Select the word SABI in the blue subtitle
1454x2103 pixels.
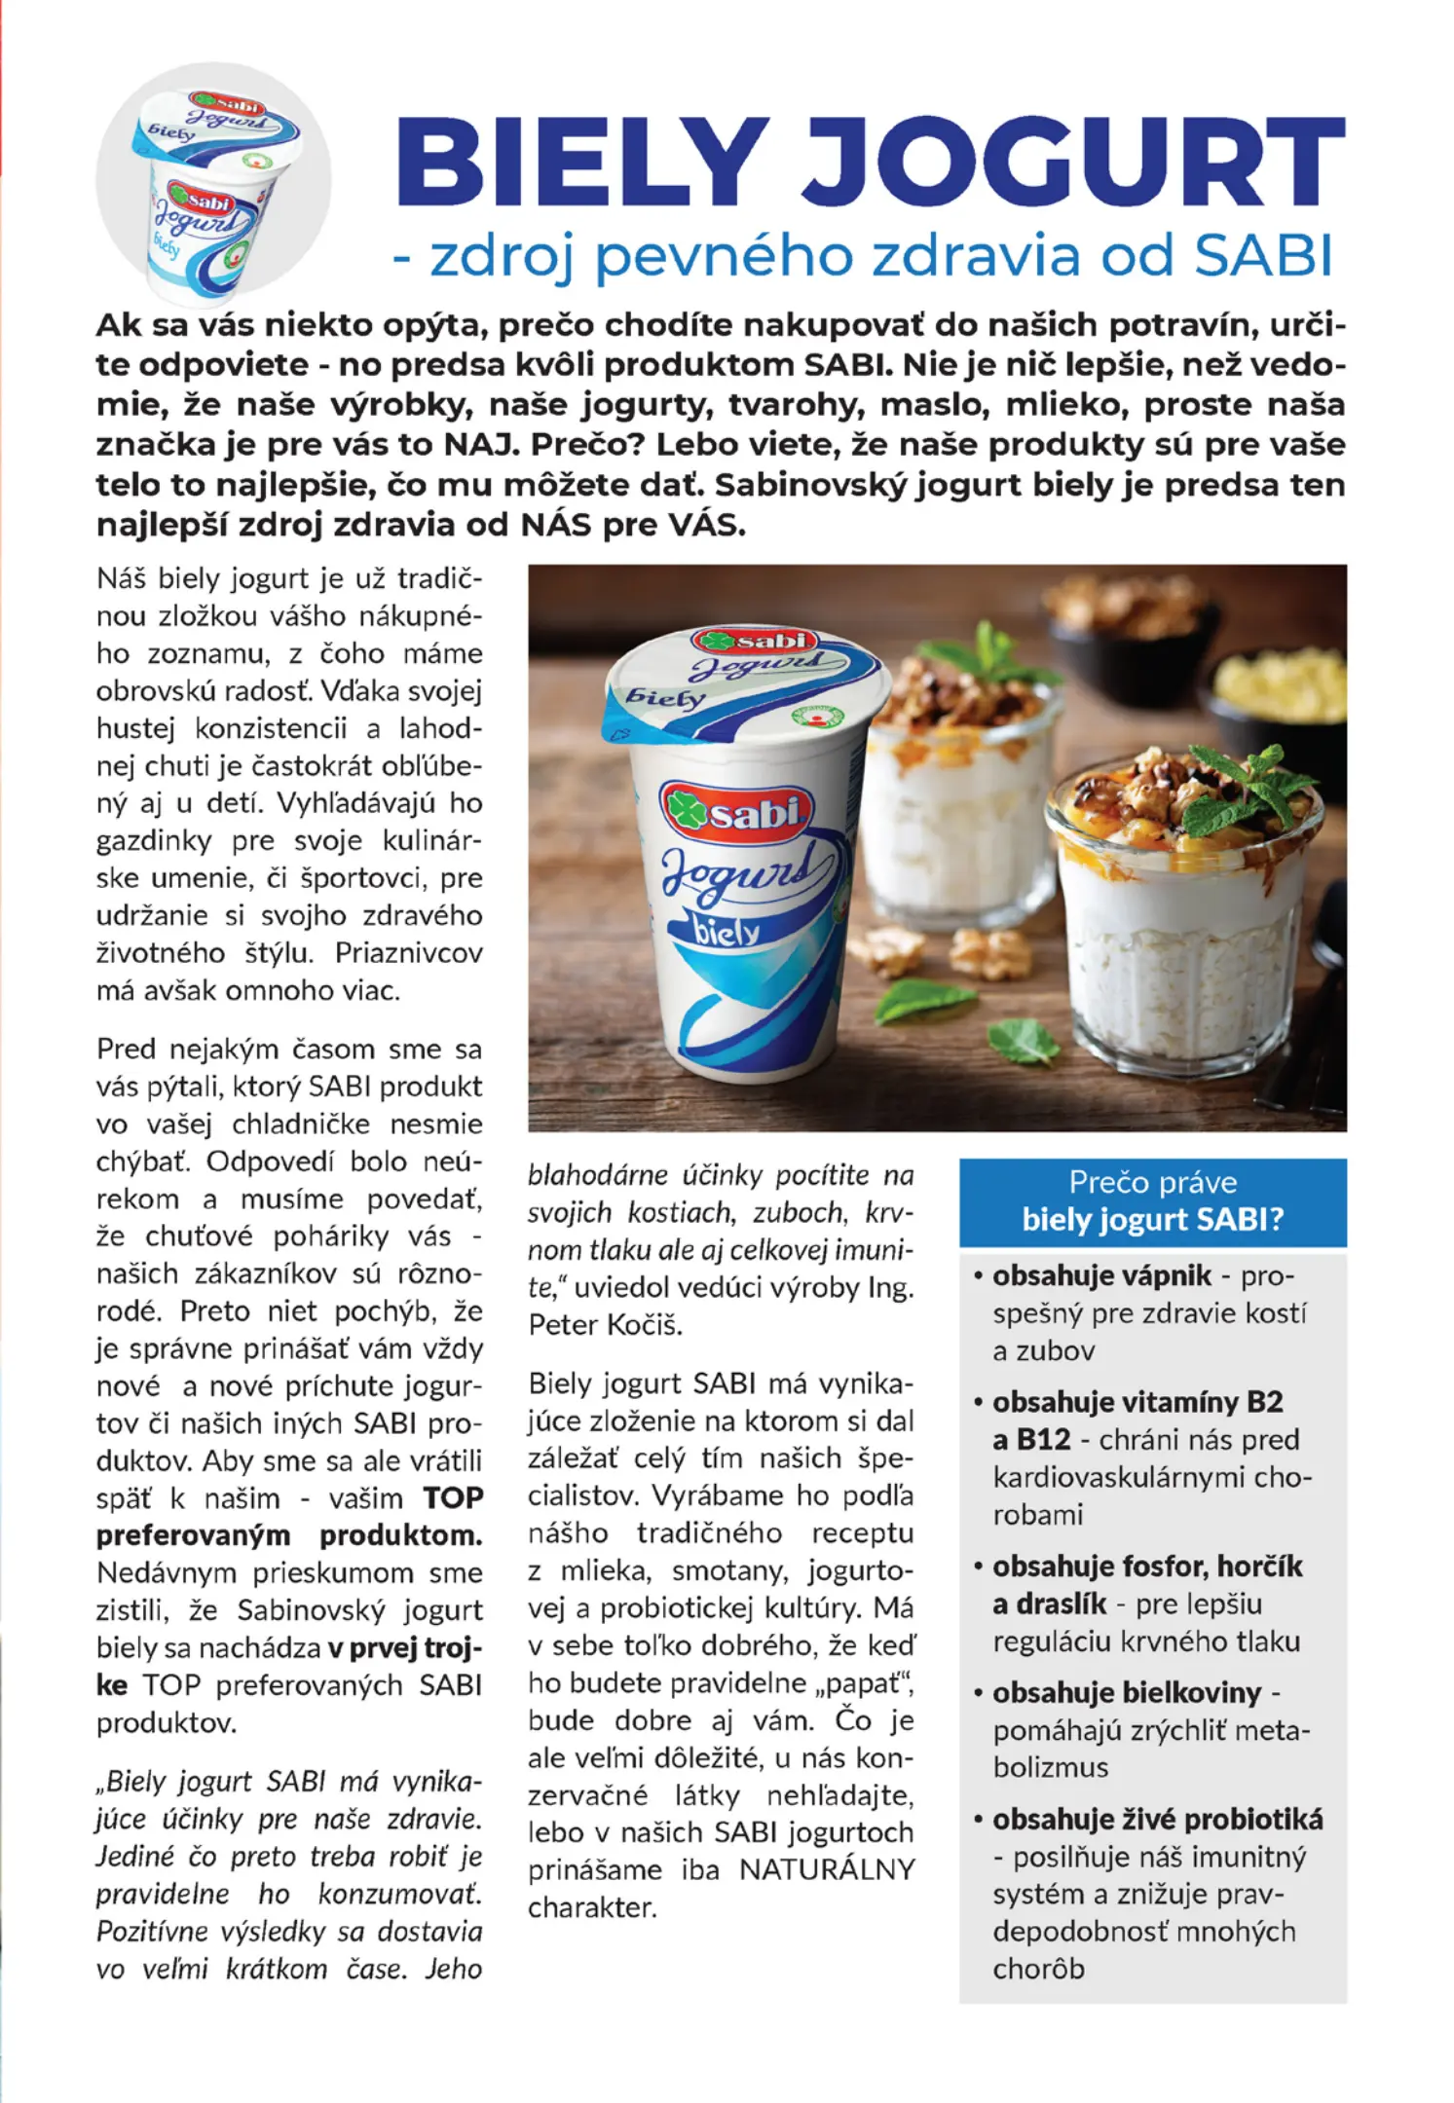1263,256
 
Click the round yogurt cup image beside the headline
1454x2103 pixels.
213,183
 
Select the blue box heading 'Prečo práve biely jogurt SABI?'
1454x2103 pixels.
1152,1201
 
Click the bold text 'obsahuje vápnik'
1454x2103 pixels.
1101,1275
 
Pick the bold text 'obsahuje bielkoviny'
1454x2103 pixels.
1126,1693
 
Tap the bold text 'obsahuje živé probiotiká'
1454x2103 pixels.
1157,1819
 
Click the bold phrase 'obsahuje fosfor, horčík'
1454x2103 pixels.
1147,1567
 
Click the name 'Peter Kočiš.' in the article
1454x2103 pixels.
606,1325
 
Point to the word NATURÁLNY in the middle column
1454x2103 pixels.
827,1869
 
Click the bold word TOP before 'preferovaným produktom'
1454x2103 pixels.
453,1498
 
